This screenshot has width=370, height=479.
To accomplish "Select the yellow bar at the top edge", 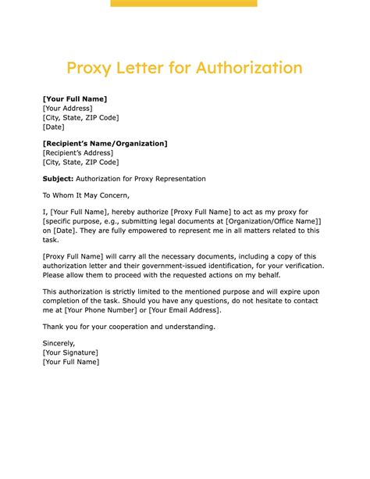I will pos(183,3).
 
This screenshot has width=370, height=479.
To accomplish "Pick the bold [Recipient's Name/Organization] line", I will pos(105,144).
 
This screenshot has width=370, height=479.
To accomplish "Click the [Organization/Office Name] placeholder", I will pos(272,221).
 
